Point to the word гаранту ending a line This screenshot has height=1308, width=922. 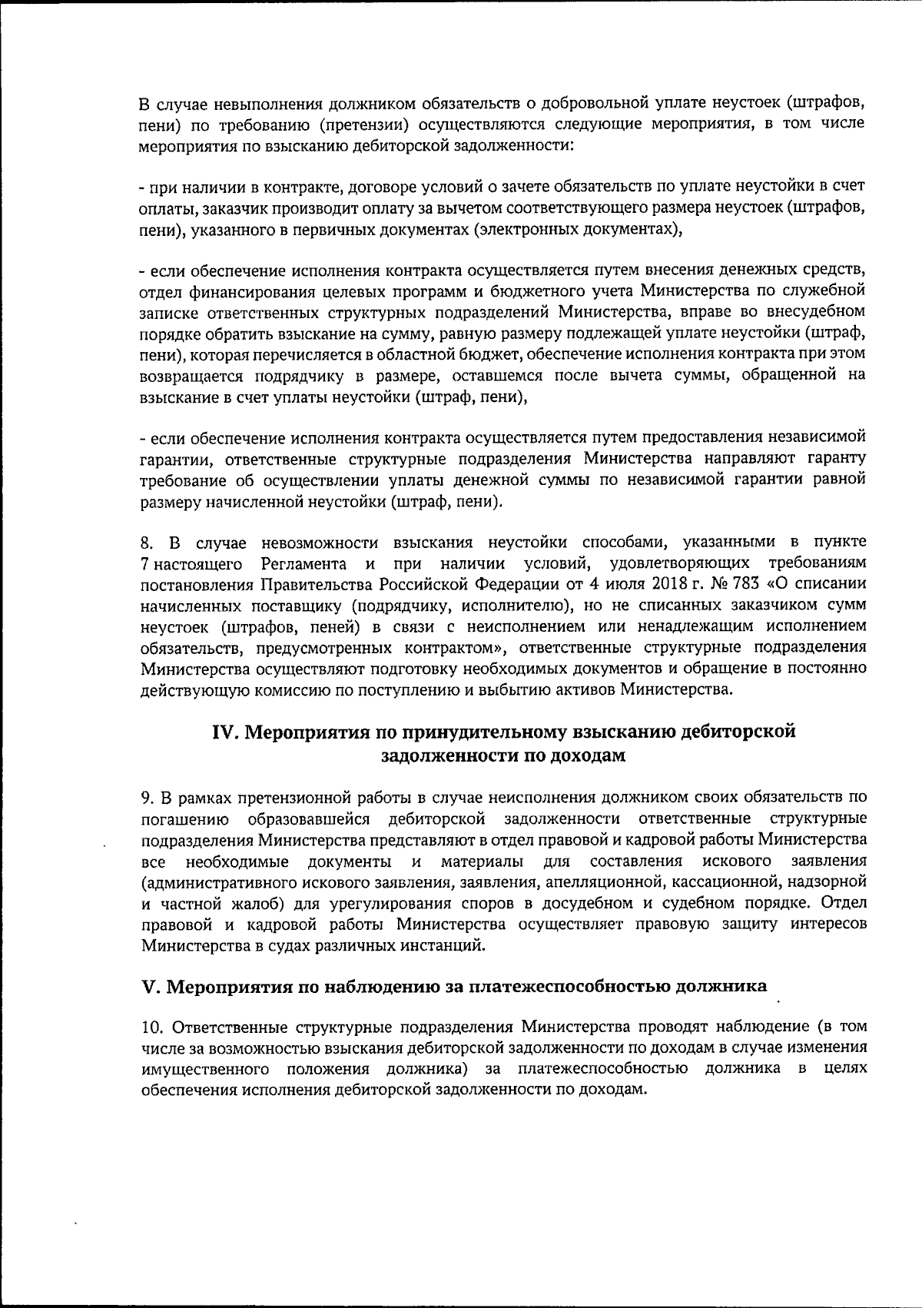click(835, 459)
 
